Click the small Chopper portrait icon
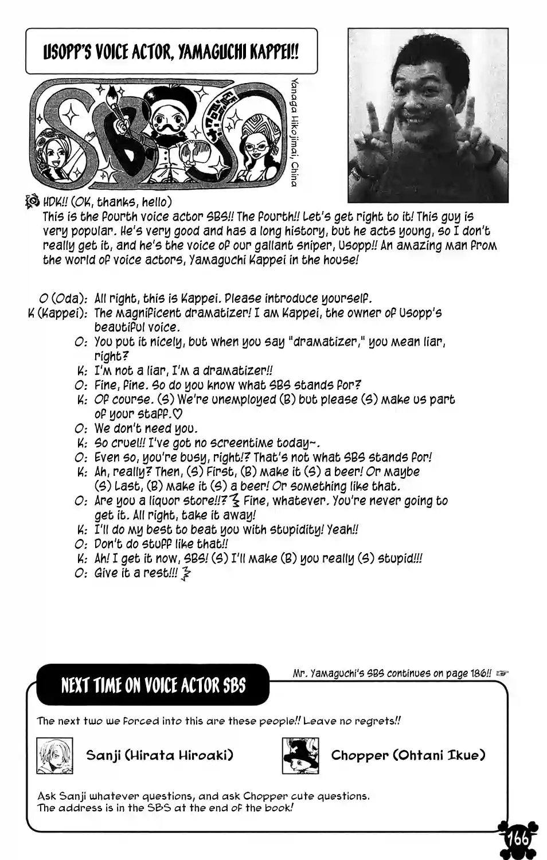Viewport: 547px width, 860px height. pos(300,756)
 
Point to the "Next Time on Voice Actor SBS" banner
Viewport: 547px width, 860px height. pos(153,685)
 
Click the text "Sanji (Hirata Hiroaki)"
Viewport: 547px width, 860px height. pos(159,755)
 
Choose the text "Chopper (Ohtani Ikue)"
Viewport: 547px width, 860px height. pos(408,755)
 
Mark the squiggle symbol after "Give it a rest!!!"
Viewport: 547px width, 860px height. pos(185,574)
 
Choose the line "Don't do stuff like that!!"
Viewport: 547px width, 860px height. pos(161,544)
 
